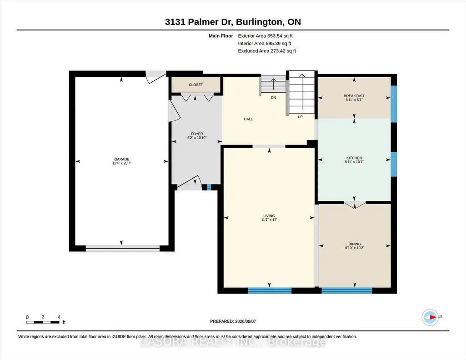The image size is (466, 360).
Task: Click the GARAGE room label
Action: (x=122, y=159)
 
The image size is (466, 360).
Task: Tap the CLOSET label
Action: (x=196, y=85)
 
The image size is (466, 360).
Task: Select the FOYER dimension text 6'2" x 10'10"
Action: (x=197, y=138)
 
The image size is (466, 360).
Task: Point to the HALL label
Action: (x=248, y=119)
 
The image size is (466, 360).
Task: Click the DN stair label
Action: (x=273, y=98)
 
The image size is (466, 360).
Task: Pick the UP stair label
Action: (x=300, y=117)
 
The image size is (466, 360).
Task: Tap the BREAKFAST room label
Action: (x=354, y=96)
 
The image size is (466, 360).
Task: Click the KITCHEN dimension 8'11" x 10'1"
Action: (x=354, y=162)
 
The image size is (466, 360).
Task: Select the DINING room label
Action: (x=355, y=244)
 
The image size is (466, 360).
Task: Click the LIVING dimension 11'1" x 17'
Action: (x=269, y=220)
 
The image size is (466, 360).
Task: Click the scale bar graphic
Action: (x=42, y=322)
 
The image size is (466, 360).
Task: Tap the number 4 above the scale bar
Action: (x=59, y=317)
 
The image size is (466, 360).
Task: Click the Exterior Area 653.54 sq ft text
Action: (x=266, y=36)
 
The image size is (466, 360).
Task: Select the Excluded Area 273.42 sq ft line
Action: (x=267, y=51)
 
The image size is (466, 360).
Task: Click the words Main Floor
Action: (x=221, y=36)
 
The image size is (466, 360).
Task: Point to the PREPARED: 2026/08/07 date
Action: (x=233, y=321)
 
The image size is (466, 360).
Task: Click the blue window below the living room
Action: (x=270, y=290)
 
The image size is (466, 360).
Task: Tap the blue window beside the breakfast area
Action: (x=393, y=104)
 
